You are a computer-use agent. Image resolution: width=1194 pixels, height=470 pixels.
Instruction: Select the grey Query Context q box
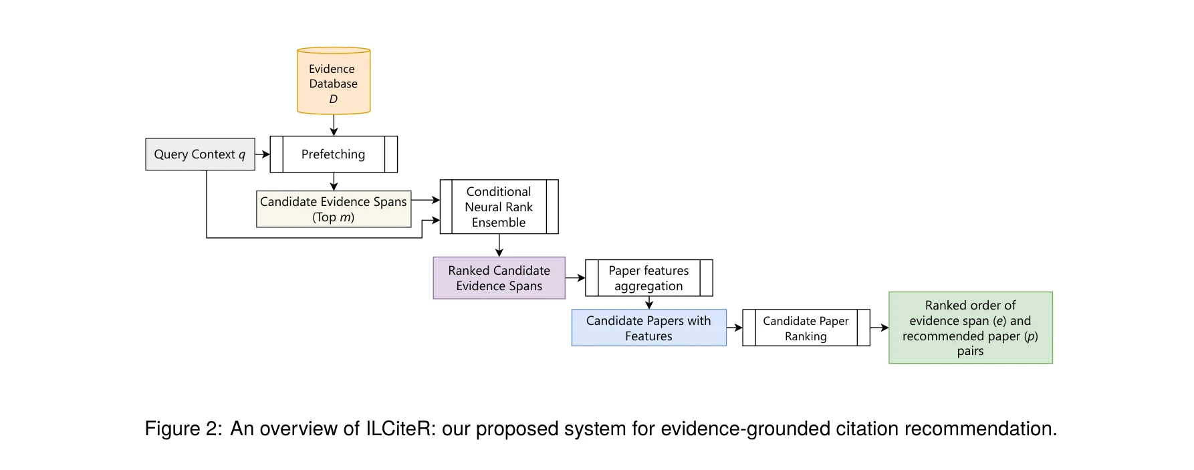pos(200,154)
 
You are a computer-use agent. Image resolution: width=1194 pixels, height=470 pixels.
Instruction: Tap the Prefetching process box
pos(334,154)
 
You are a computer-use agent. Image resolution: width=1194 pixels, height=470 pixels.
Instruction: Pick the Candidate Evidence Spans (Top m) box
pos(334,209)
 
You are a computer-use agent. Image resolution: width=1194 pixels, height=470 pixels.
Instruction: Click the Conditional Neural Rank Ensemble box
pos(499,207)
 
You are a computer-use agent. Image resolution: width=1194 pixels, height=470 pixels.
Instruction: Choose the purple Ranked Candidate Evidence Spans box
pos(499,278)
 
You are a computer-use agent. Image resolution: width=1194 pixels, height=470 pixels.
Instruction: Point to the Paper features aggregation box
pos(648,278)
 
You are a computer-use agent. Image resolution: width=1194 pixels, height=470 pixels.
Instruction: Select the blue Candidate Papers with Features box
pos(648,328)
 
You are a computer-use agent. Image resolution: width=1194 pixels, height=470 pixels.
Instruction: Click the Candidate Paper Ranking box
pos(806,328)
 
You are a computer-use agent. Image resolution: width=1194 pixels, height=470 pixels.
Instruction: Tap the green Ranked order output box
pos(970,328)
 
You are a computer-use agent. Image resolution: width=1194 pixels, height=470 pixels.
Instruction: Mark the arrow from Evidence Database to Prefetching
pos(334,125)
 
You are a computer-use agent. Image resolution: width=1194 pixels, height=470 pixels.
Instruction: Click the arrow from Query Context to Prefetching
pos(262,154)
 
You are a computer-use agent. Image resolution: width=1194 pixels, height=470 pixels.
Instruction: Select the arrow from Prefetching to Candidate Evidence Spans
pos(334,182)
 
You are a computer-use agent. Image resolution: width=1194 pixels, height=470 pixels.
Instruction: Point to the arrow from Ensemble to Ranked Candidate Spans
pos(499,245)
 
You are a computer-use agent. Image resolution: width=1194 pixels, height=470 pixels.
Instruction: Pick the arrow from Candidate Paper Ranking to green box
pos(879,328)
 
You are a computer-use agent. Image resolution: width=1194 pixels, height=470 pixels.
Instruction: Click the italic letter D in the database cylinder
pos(334,99)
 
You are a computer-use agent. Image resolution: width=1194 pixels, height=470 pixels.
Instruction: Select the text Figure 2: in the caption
pos(183,429)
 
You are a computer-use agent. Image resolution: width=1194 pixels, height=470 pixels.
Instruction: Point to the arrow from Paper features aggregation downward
pos(648,303)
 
